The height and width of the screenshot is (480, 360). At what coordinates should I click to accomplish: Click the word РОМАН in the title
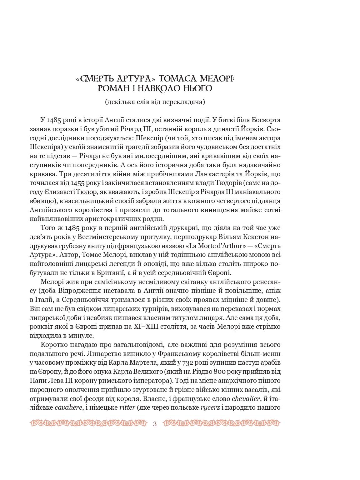coord(112,88)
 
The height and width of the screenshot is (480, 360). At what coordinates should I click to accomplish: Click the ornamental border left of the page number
coord(89,423)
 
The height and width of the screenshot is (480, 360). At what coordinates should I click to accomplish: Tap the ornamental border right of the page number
coord(222,423)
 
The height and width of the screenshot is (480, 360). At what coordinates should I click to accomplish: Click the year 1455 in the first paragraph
coord(78,183)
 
